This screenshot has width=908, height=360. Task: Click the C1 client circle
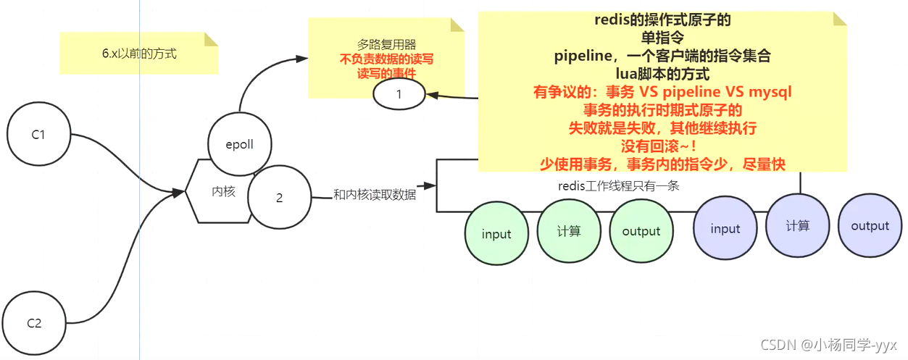(38, 135)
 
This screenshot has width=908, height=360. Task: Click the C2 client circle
(34, 323)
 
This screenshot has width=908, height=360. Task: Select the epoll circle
(239, 144)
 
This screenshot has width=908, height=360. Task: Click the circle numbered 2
(279, 198)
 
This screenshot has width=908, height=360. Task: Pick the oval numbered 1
(399, 94)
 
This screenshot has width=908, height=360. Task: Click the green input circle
(496, 234)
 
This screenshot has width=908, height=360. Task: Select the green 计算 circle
(569, 231)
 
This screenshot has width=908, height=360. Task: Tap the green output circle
(641, 231)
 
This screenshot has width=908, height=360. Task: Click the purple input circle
(725, 229)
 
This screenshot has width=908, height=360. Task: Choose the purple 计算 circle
(797, 226)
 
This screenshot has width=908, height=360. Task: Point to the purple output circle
(870, 226)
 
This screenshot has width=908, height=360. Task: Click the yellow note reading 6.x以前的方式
(139, 54)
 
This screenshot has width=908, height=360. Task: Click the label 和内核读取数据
(375, 194)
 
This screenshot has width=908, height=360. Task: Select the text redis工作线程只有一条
(618, 185)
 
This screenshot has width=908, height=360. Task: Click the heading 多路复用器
(386, 44)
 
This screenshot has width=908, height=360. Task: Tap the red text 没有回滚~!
(662, 146)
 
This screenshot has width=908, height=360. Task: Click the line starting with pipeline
(662, 56)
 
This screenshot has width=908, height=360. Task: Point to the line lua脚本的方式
(662, 74)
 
